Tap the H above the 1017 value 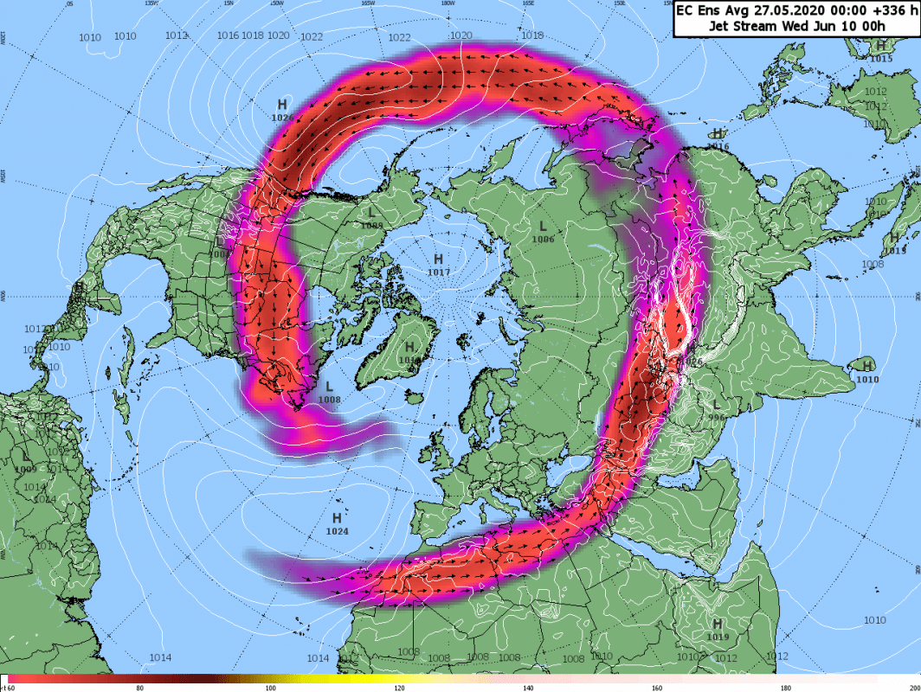pyautogui.click(x=438, y=259)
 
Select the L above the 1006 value pyautogui.click(x=542, y=227)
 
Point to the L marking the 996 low pyautogui.click(x=716, y=405)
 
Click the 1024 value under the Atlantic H pyautogui.click(x=337, y=531)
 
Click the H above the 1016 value pyautogui.click(x=718, y=133)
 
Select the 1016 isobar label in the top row pyautogui.click(x=228, y=35)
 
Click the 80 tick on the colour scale pyautogui.click(x=140, y=688)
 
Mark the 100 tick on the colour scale pyautogui.click(x=270, y=688)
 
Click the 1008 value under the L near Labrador pyautogui.click(x=329, y=400)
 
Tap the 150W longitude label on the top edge pyautogui.click(x=276, y=3)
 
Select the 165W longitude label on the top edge pyautogui.click(x=367, y=3)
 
